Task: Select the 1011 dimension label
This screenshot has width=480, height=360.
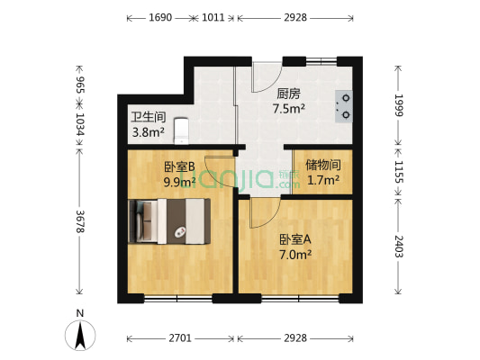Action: (214, 18)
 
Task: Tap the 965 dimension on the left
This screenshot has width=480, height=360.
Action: (80, 86)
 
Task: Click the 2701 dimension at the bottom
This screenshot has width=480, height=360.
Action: (180, 338)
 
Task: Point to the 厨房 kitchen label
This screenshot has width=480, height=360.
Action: (289, 93)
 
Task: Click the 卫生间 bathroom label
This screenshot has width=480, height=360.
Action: (148, 117)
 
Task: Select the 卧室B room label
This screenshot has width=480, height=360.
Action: (179, 166)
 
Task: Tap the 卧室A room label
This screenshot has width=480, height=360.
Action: (294, 239)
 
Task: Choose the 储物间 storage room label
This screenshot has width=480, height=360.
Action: (322, 165)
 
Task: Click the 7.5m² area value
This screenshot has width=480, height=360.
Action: (289, 109)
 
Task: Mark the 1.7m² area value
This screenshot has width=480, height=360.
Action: (322, 180)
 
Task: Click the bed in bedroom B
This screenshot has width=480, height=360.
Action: (171, 220)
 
